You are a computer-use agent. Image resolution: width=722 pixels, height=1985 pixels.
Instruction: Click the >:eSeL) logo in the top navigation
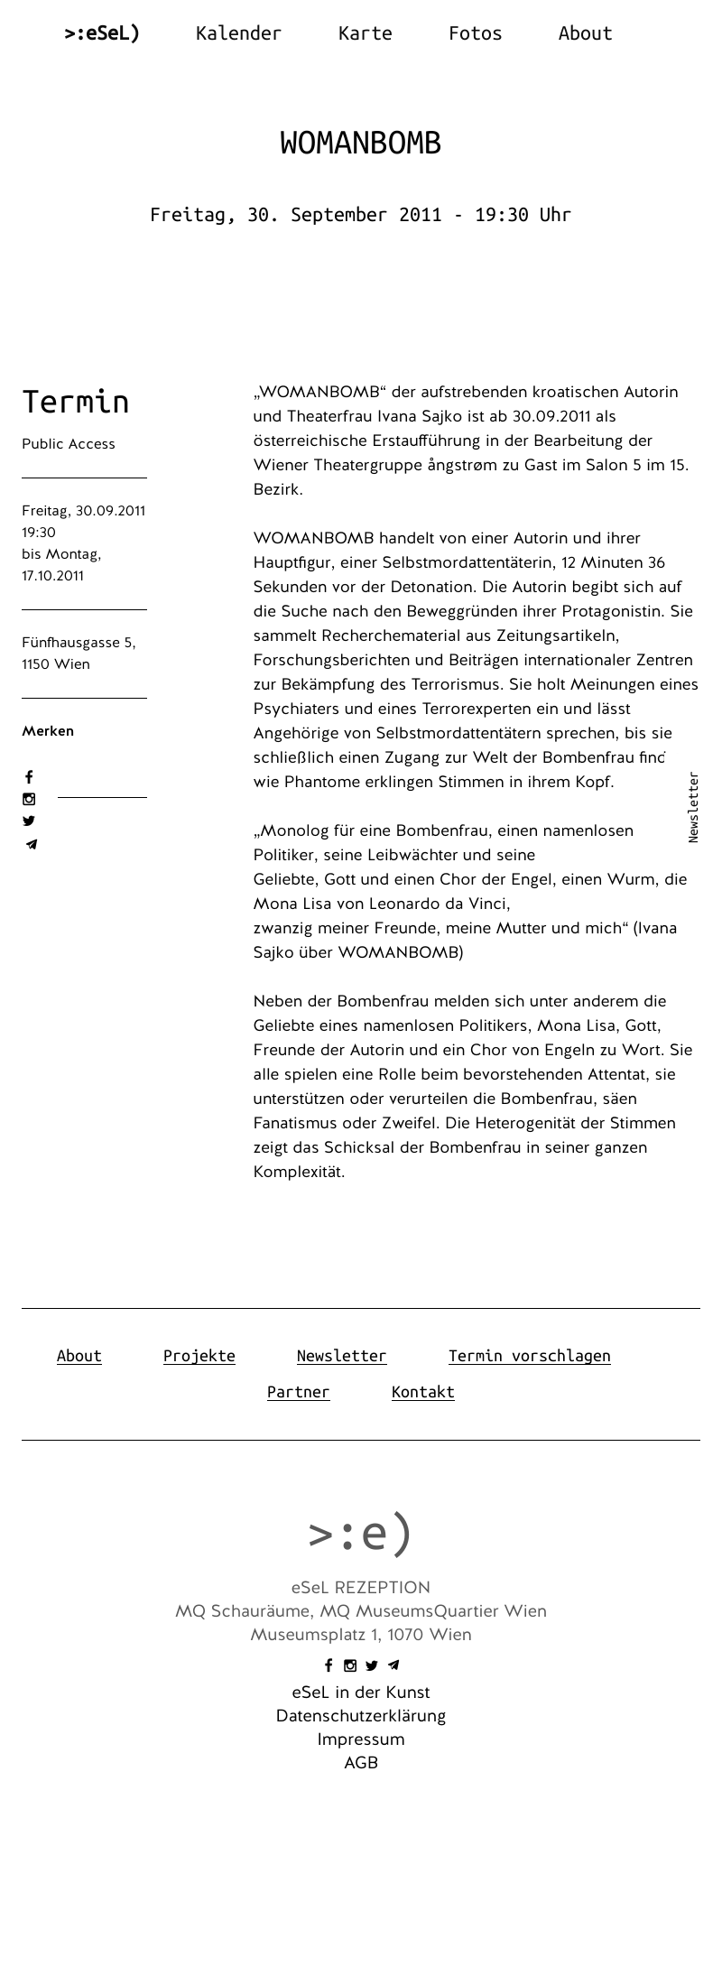(102, 33)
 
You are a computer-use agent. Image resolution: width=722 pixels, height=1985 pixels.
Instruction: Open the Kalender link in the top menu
(238, 33)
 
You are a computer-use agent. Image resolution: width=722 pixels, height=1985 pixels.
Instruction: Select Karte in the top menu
(365, 33)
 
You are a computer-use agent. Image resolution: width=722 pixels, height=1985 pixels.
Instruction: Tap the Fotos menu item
(475, 33)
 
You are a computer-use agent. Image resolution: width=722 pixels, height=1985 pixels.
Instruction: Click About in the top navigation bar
(585, 33)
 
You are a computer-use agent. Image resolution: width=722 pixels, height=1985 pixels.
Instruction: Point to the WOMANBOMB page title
(360, 144)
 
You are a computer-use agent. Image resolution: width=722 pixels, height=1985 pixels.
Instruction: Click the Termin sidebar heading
(76, 402)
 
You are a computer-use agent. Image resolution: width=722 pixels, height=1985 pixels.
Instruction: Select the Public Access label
(69, 444)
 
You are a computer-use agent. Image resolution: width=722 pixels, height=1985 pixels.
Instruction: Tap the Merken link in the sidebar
(48, 731)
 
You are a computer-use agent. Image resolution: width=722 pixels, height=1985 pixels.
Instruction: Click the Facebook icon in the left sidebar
(29, 777)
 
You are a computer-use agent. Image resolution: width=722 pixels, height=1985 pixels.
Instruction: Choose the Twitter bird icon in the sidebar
(29, 821)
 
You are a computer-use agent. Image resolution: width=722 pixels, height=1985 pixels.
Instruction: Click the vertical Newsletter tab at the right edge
(693, 807)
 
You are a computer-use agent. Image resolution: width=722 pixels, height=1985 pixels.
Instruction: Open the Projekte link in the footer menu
(199, 1356)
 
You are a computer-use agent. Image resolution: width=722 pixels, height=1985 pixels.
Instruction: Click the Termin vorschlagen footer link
(529, 1356)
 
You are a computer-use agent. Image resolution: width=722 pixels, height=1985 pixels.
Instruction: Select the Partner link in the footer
(298, 1392)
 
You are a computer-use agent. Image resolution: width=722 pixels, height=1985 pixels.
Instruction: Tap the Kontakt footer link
(422, 1392)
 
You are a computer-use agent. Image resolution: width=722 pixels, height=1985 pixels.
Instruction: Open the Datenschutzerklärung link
(360, 1716)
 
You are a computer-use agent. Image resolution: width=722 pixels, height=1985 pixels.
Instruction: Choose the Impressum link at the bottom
(360, 1739)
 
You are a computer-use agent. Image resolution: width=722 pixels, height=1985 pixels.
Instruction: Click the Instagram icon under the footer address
(350, 1665)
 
